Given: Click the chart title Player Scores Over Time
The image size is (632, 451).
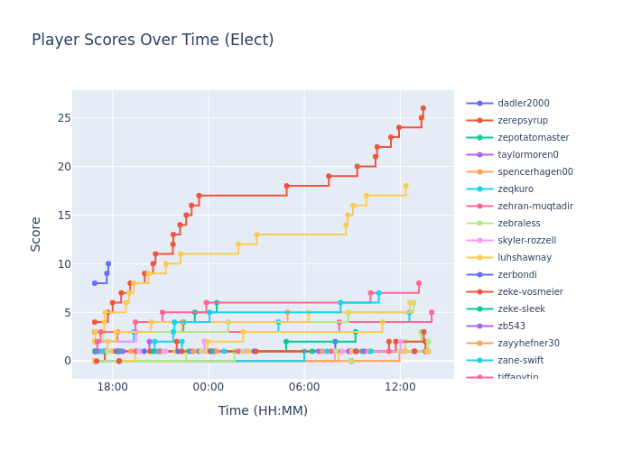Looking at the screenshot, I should pos(153,41).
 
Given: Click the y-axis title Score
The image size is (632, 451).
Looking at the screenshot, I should pos(36,233).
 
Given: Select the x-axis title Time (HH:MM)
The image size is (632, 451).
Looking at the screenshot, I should pos(263,410).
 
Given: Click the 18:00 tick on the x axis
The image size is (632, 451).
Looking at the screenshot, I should pos(113,386).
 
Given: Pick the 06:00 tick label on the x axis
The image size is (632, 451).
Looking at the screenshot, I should pos(304,386).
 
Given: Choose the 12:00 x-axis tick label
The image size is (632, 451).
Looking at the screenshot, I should pos(400,386).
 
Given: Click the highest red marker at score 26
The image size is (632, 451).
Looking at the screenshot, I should pos(423,108).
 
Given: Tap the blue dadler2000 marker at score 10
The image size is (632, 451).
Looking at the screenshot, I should pos(108,264).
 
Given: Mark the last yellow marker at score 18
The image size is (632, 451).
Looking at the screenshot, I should pos(405,186).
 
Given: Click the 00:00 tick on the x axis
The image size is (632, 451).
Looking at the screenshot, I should pos(209,386).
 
